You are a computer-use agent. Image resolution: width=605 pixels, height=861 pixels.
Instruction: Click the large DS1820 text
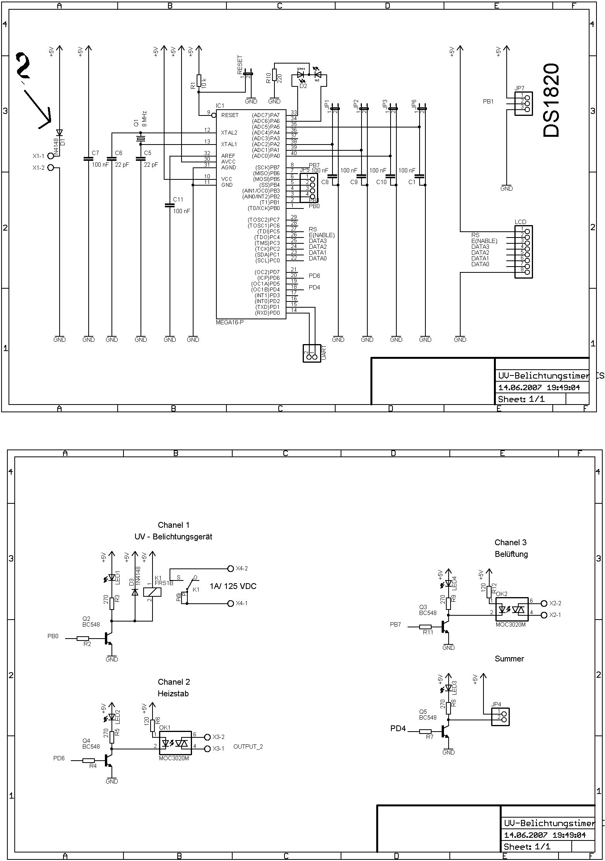coord(551,101)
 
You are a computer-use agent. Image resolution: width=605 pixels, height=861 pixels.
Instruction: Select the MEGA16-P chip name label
coord(230,322)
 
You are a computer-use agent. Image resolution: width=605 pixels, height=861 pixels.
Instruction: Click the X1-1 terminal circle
coord(51,156)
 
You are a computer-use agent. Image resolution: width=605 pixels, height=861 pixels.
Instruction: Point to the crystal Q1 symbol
coord(141,138)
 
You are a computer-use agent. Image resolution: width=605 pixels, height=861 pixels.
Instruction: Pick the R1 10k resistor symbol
coord(199,80)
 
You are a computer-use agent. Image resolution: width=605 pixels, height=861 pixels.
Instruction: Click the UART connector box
coord(312,353)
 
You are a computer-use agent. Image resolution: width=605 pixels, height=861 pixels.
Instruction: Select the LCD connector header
coord(524,251)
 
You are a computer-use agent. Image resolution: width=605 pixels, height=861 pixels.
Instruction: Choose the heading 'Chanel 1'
coord(174,525)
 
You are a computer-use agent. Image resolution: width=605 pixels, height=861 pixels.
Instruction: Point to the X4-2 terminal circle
coord(231,568)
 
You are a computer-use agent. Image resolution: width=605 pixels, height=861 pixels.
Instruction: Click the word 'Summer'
coord(509,659)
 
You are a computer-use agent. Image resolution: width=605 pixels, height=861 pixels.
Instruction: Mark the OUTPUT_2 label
coord(248,747)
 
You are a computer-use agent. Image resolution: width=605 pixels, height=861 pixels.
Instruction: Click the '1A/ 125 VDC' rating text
coord(233,586)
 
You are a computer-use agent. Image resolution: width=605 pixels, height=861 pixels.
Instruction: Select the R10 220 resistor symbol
coord(274,75)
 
